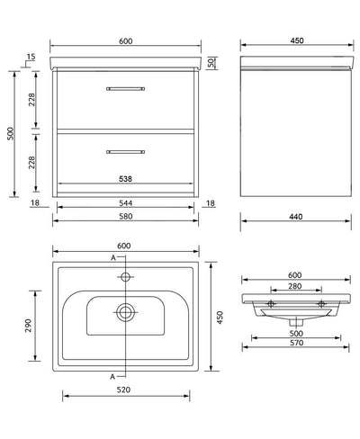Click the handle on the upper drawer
(125, 88)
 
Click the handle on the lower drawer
(125, 148)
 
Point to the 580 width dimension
(125, 219)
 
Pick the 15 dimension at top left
(31, 57)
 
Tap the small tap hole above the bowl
(125, 278)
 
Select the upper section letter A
(112, 260)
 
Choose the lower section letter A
(112, 374)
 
